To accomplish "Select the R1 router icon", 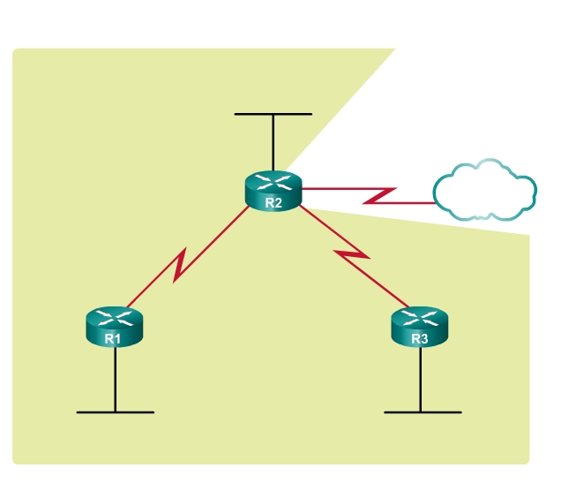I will (115, 327).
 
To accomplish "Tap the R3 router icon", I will (420, 327).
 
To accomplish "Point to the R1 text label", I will (112, 338).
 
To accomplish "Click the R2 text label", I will (273, 203).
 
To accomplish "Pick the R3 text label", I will (420, 338).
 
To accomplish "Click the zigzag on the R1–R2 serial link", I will (181, 266).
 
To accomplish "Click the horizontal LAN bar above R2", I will (273, 114).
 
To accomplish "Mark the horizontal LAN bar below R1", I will (115, 412).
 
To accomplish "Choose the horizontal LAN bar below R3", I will (423, 412).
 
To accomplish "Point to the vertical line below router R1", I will (115, 380).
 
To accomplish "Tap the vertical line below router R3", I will (421, 380).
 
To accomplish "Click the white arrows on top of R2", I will (273, 182).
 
